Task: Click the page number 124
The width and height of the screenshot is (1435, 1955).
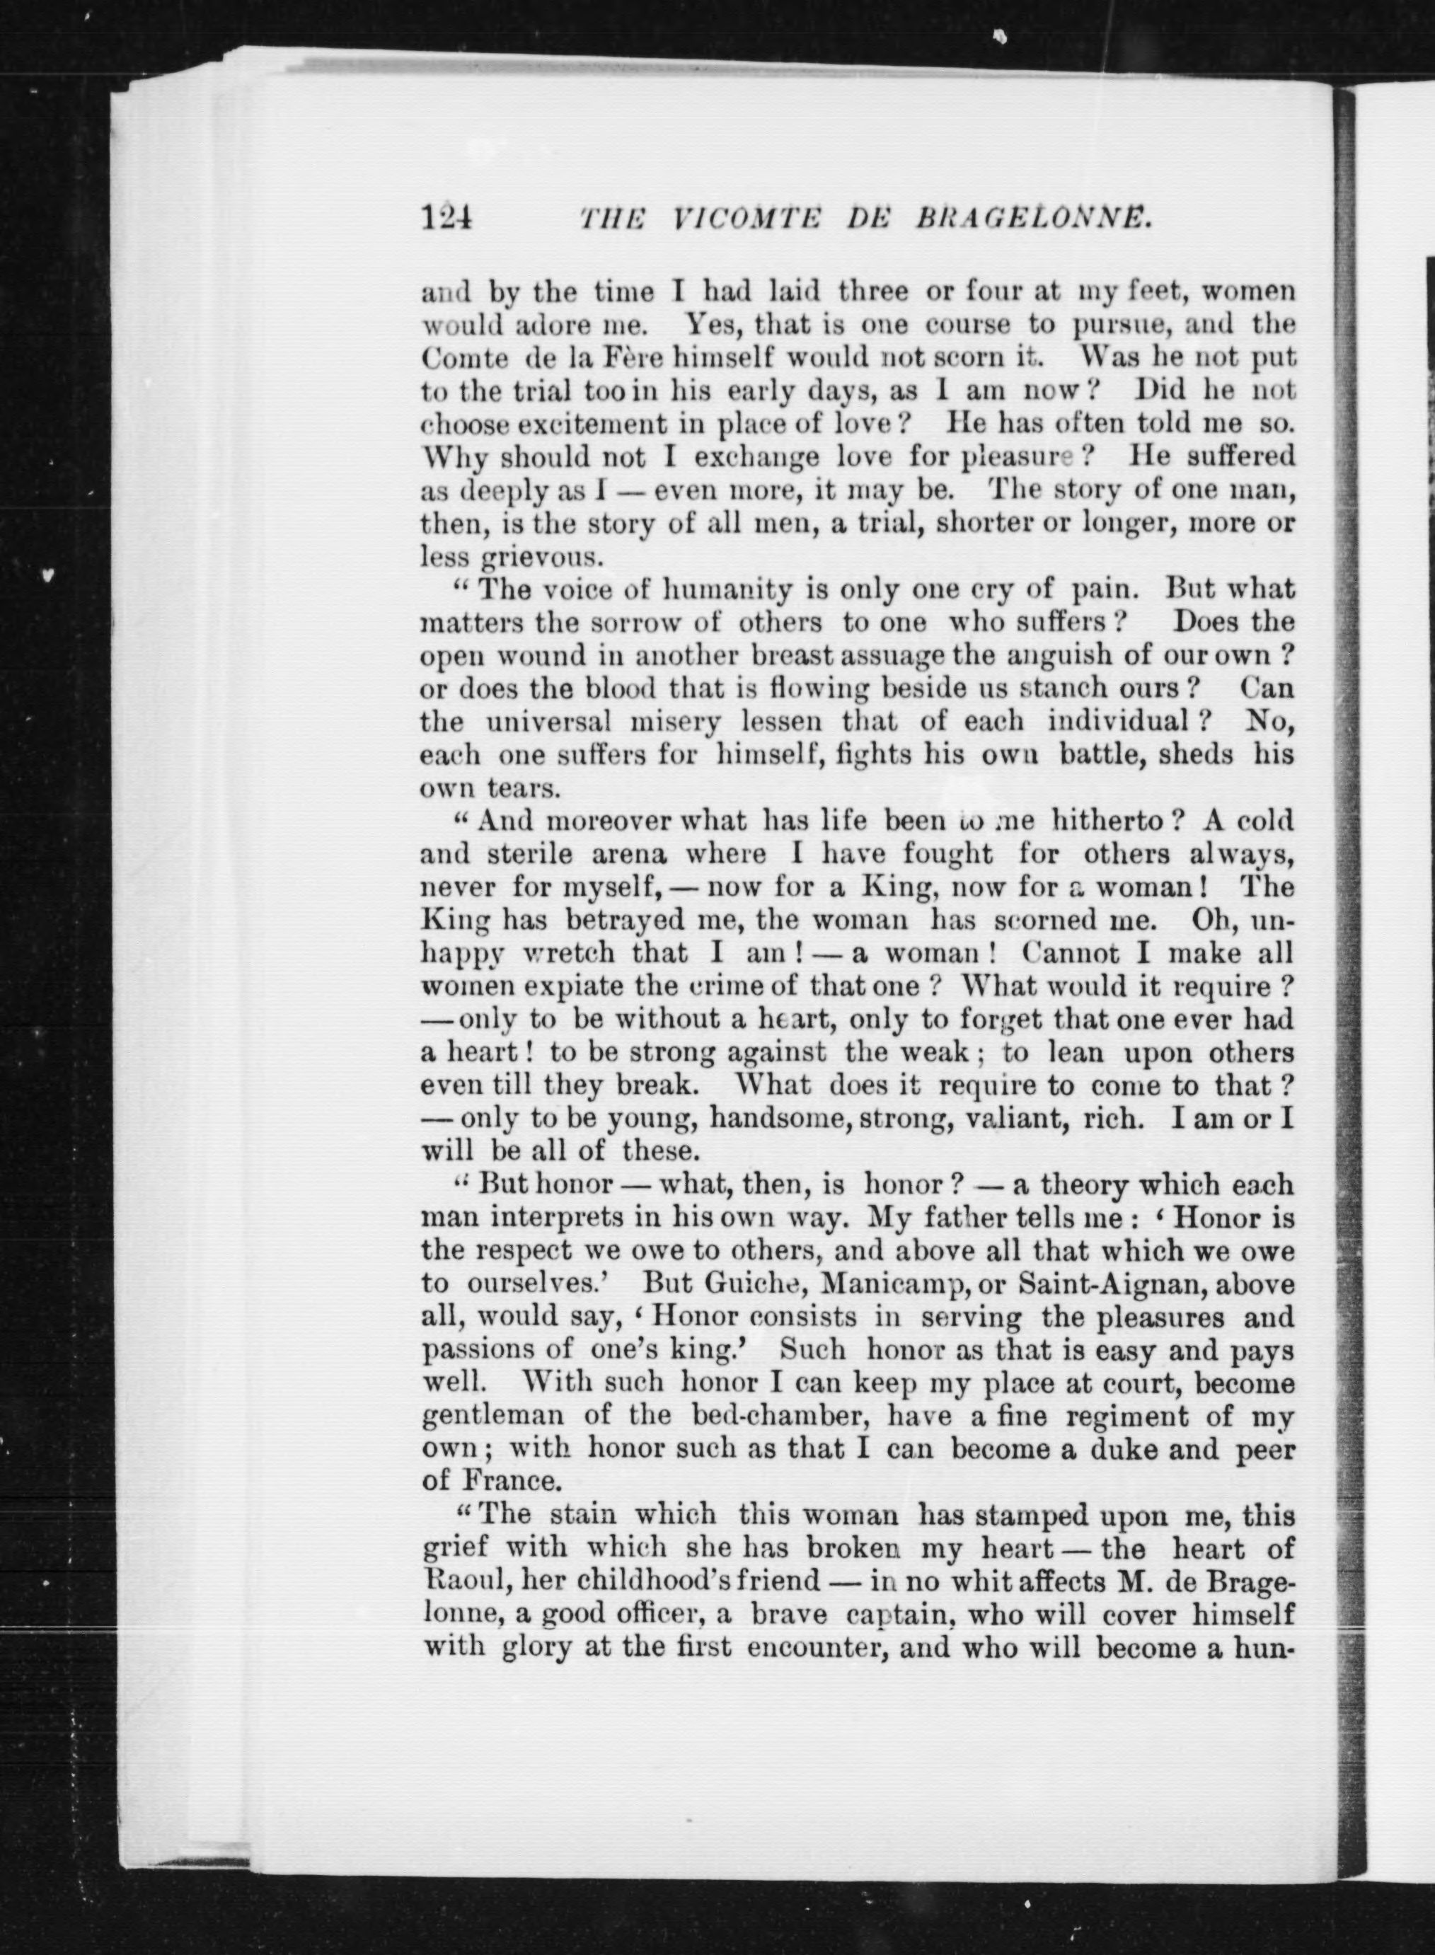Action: click(446, 217)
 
